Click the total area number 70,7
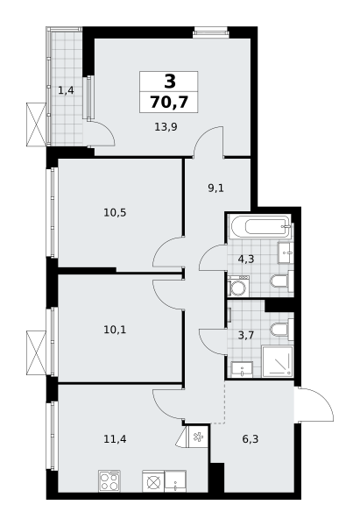coord(169,102)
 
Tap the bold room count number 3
coord(170,82)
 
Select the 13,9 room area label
coord(166,127)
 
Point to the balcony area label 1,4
coord(66,90)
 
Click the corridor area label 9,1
coord(215,188)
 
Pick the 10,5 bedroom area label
coord(115,213)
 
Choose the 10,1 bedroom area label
coord(115,331)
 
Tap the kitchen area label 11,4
coord(115,439)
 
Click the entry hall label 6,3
coord(251,439)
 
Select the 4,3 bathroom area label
coord(246,259)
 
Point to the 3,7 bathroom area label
coord(246,335)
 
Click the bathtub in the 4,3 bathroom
coord(260,226)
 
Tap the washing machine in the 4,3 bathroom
coord(238,287)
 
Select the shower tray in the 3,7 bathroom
coord(278,362)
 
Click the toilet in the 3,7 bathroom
coord(282,330)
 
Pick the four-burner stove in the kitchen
coord(109,481)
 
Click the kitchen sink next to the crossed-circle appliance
coord(175,481)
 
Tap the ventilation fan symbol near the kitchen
coord(197,437)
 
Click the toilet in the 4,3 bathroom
coord(282,281)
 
